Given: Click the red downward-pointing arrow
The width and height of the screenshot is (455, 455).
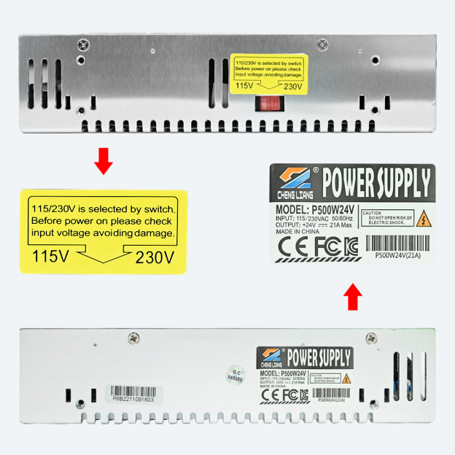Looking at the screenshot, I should pyautogui.click(x=104, y=161).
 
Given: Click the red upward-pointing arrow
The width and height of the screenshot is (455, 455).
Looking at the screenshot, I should pyautogui.click(x=353, y=296).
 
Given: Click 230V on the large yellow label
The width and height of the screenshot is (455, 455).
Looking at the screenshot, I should pyautogui.click(x=155, y=257).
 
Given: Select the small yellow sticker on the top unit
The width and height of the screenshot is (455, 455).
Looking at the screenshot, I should pyautogui.click(x=268, y=73).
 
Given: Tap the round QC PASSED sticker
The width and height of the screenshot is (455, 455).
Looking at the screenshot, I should pyautogui.click(x=235, y=373).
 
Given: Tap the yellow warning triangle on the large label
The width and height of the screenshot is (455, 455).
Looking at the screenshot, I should pyautogui.click(x=420, y=218).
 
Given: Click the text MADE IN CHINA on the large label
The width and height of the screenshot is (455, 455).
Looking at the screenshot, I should pyautogui.click(x=298, y=232).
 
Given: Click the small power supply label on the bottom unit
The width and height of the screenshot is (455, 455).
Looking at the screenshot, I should pyautogui.click(x=306, y=376).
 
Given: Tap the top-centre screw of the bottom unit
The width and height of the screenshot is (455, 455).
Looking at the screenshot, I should pyautogui.click(x=133, y=338).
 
